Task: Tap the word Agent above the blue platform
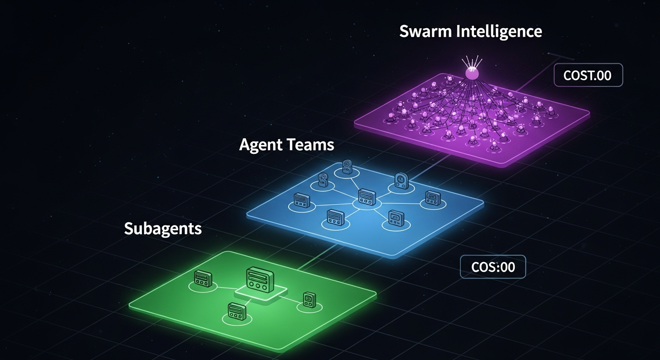click(262, 144)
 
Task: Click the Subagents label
click(163, 229)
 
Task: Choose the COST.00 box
click(588, 75)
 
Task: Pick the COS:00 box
click(493, 267)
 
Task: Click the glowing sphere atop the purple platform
click(471, 73)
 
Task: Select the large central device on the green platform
click(259, 279)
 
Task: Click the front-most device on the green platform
click(237, 310)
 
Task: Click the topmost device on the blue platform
click(347, 166)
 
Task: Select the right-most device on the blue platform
click(432, 198)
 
